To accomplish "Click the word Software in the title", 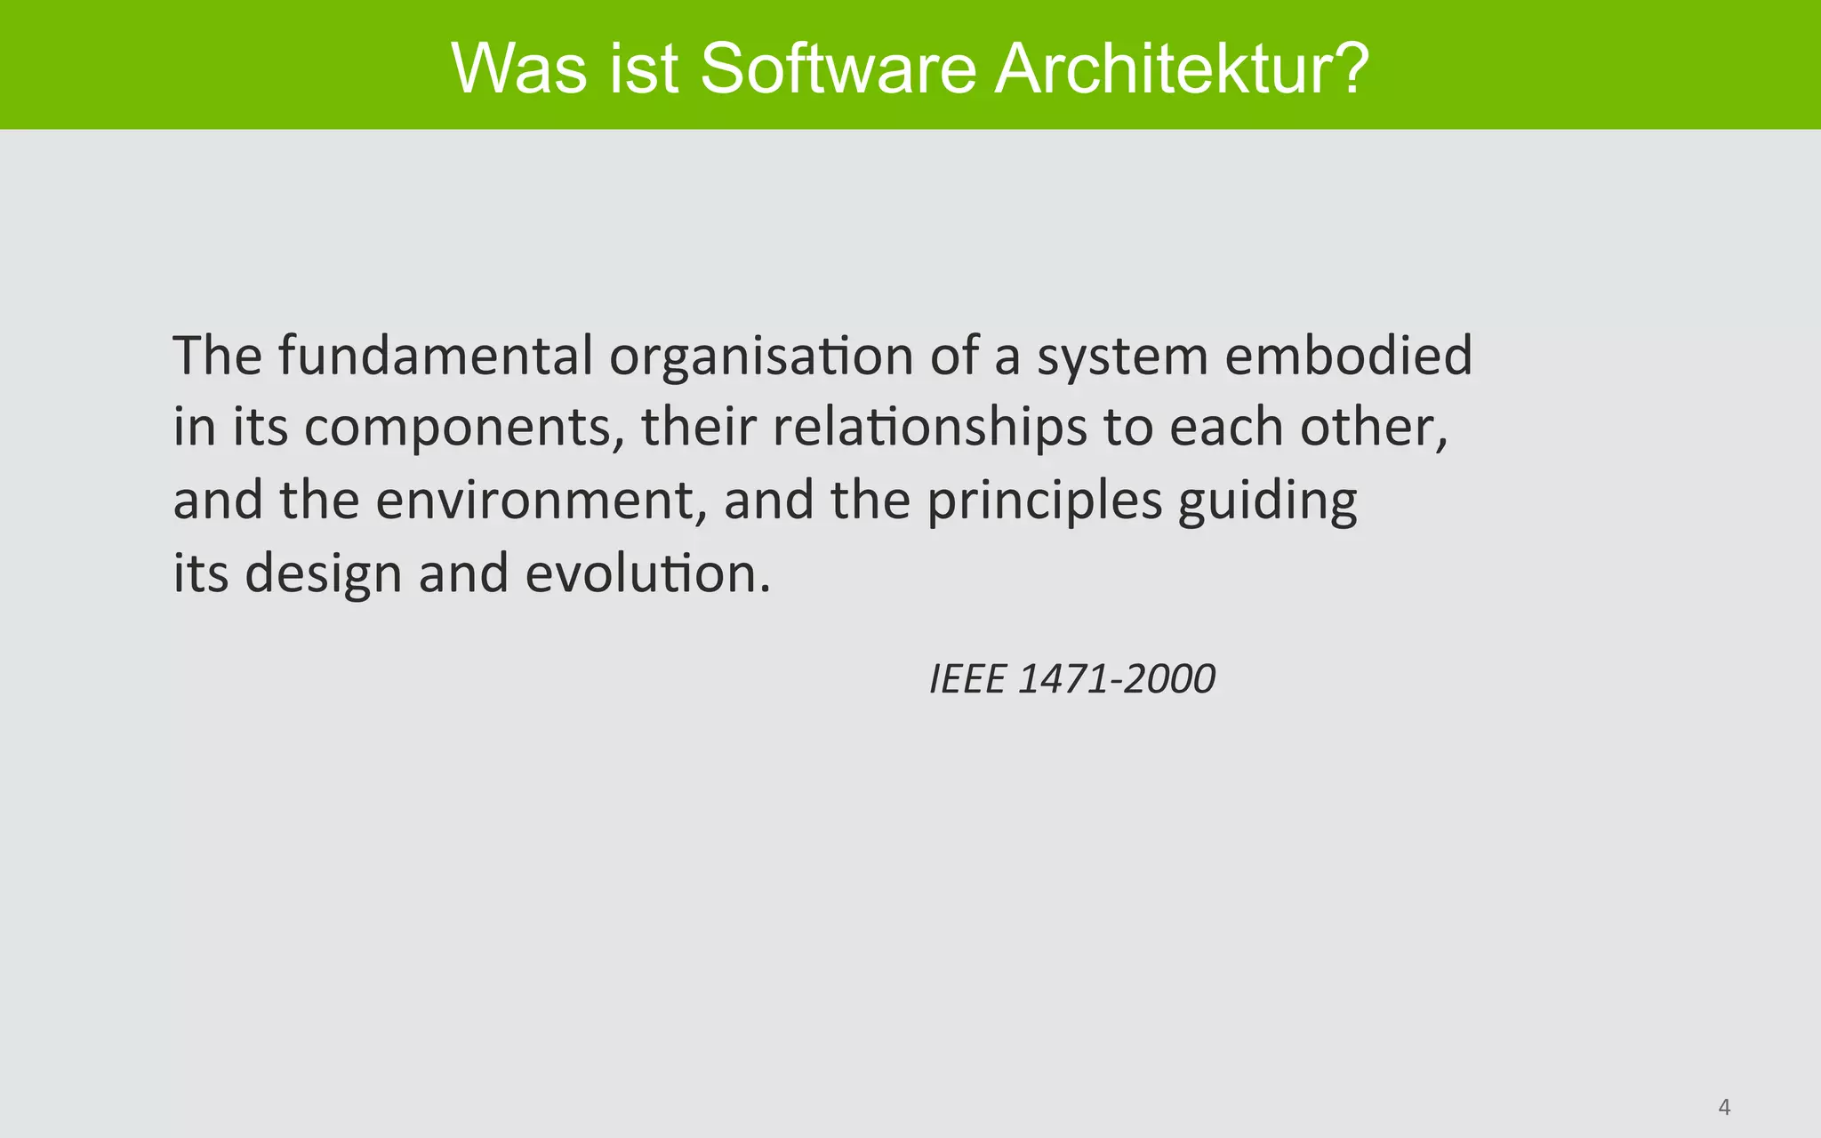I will coord(838,68).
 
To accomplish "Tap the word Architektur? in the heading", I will coord(1182,68).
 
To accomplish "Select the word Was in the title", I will coord(519,68).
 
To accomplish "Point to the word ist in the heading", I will coord(644,68).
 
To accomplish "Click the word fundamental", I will coord(435,355).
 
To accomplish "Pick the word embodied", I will coord(1348,355).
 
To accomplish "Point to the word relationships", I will coord(929,429).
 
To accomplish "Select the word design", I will coord(324,574).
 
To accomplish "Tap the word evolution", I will coord(646,573).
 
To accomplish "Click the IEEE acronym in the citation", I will coord(967,680).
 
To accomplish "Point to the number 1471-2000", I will coord(1116,680).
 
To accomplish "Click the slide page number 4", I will coord(1724,1108).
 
